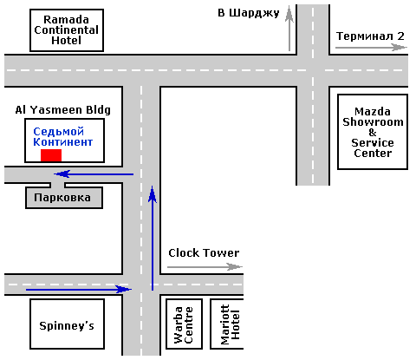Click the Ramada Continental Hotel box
(67, 30)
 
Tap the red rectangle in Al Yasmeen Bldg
(51, 155)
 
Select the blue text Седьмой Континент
(62, 137)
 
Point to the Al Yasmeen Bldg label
(63, 110)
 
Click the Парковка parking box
(64, 198)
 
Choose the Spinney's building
(67, 324)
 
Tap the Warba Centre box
(184, 324)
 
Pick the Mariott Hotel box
(227, 324)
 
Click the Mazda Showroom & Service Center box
(373, 132)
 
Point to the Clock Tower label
(204, 253)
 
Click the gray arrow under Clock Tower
(205, 267)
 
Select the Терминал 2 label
(370, 36)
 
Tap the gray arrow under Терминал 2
(371, 47)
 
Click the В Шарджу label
(249, 13)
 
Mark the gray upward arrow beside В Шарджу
(289, 29)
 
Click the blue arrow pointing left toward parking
(94, 174)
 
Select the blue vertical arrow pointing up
(153, 238)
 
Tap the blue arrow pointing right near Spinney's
(79, 289)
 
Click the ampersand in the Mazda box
(373, 133)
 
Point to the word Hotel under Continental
(66, 40)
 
